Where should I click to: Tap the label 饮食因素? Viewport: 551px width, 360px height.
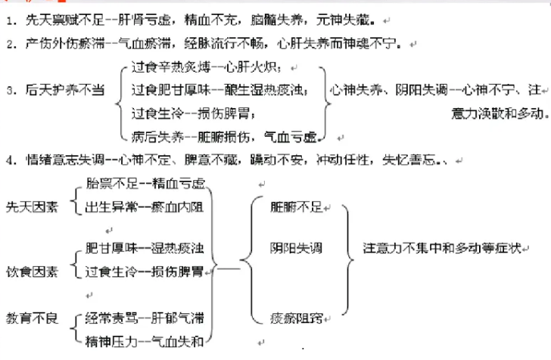click(32, 270)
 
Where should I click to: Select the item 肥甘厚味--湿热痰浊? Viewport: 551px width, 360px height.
click(144, 248)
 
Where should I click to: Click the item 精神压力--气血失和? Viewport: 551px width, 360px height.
click(144, 340)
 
